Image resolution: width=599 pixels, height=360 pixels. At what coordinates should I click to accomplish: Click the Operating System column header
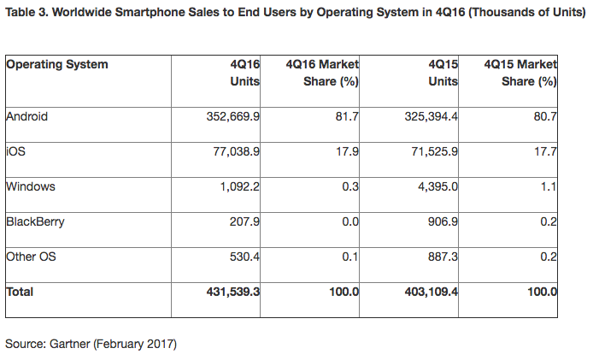[x=57, y=64]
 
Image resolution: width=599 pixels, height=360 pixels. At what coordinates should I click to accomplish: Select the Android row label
[x=27, y=116]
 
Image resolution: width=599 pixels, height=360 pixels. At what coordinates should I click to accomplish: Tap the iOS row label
[x=16, y=151]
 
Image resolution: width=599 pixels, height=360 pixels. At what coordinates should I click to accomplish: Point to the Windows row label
[x=31, y=186]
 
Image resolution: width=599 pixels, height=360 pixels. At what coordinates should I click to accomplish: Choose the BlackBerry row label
[x=36, y=222]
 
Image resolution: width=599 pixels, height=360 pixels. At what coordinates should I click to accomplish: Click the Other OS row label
[x=32, y=257]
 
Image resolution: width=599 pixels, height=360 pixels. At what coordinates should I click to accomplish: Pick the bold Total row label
[x=20, y=292]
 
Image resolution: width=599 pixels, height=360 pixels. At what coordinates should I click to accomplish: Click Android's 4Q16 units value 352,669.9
[x=233, y=116]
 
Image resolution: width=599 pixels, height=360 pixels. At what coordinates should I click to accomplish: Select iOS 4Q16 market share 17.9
[x=347, y=151]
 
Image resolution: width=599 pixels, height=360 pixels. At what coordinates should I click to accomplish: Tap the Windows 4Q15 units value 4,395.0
[x=438, y=186]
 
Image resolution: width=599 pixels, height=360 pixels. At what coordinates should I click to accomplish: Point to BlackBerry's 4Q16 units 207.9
[x=244, y=221]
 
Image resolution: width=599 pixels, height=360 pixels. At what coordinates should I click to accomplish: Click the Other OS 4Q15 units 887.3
[x=443, y=257]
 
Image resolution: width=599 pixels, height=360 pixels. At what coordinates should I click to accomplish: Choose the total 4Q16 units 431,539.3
[x=233, y=292]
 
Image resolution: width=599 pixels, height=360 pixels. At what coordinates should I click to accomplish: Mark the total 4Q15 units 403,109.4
[x=432, y=292]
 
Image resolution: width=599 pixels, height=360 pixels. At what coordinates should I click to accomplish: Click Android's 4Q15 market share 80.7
[x=545, y=116]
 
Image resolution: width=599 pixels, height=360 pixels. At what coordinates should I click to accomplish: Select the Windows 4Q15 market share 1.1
[x=549, y=186]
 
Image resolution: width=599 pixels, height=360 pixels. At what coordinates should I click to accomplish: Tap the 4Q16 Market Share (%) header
[x=322, y=73]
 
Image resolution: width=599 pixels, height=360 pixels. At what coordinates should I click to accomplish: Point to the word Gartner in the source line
[x=70, y=344]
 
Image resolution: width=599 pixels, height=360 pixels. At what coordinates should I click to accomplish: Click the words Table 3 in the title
[x=26, y=12]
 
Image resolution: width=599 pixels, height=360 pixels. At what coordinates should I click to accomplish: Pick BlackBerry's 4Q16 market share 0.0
[x=350, y=221]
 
